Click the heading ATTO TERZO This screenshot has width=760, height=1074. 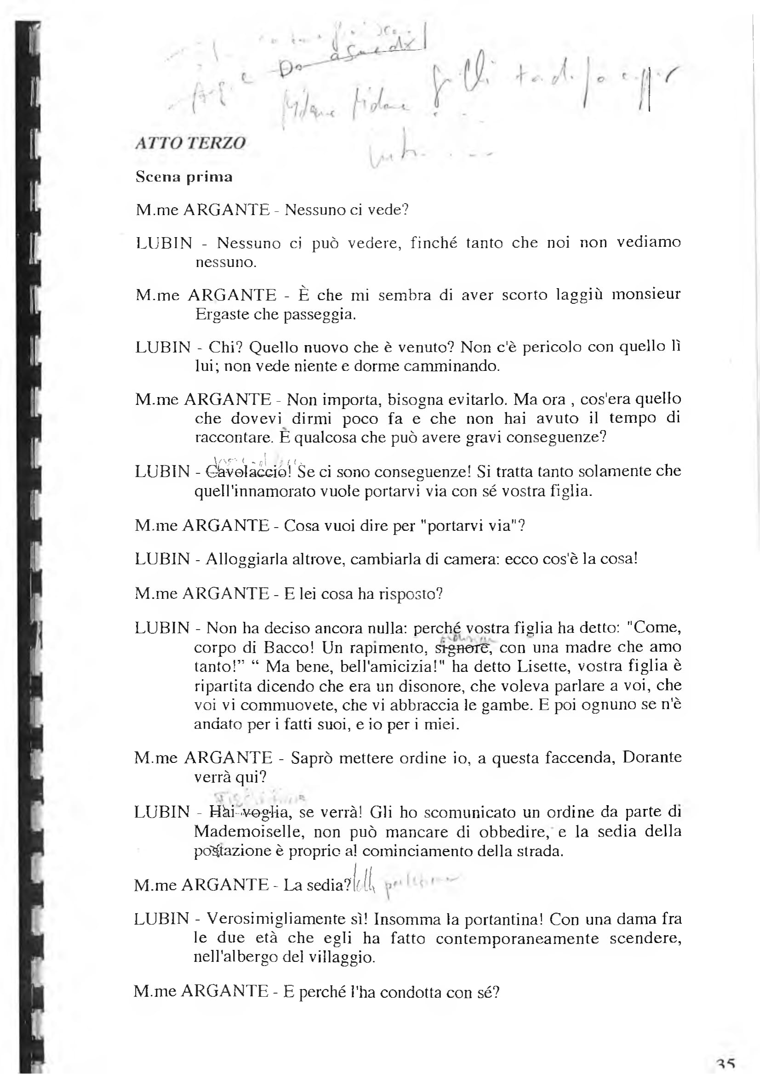pyautogui.click(x=190, y=142)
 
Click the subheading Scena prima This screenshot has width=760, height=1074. pyautogui.click(x=184, y=177)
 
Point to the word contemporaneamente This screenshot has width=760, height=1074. pyautogui.click(x=518, y=938)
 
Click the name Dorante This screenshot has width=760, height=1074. pyautogui.click(x=651, y=758)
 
